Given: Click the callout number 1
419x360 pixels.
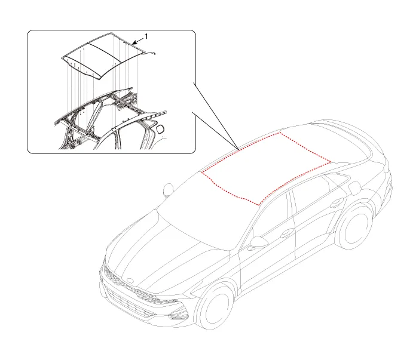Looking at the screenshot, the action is pyautogui.click(x=146, y=36).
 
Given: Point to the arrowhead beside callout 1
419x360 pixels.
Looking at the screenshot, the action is pyautogui.click(x=134, y=43).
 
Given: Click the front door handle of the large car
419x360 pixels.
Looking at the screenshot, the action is pyautogui.click(x=287, y=233).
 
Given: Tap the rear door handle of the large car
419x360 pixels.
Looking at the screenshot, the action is pyautogui.click(x=337, y=202).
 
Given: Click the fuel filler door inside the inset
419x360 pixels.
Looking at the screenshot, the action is pyautogui.click(x=160, y=129).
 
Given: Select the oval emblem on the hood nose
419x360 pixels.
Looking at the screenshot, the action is pyautogui.click(x=131, y=281).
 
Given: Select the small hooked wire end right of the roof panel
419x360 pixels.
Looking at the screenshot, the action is pyautogui.click(x=151, y=53).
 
